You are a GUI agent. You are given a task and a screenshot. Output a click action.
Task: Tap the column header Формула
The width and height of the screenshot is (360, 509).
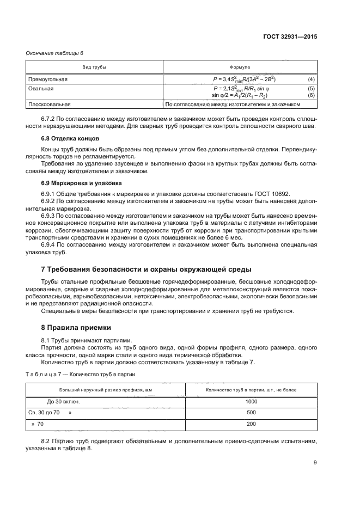[240, 66]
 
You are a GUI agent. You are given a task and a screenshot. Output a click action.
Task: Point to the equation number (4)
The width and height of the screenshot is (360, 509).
[311, 79]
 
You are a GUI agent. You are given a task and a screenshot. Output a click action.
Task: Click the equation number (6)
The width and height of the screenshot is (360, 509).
[311, 95]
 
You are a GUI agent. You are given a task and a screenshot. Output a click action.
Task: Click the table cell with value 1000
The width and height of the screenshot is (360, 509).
[251, 402]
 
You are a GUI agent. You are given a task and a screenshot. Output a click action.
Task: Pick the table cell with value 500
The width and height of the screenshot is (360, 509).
[251, 413]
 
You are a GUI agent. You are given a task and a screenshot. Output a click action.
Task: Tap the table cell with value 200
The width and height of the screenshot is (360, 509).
[251, 424]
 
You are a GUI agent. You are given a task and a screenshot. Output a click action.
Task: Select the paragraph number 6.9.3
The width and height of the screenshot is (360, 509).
[51, 217]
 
